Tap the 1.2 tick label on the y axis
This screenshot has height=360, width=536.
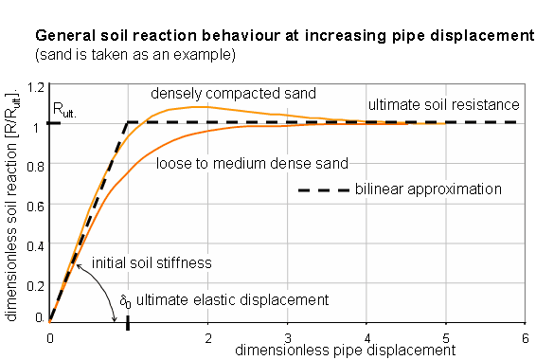point(37,87)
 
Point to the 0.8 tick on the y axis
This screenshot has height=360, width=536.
point(37,165)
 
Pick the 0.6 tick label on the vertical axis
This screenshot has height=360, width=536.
point(37,205)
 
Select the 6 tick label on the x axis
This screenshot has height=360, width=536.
point(525,336)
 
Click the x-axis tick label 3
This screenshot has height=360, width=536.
point(287,336)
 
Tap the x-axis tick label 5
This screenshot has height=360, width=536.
point(445,336)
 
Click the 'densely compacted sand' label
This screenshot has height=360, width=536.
point(234,94)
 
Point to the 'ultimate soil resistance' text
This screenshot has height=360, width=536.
point(443,103)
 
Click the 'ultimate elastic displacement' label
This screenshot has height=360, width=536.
point(232,299)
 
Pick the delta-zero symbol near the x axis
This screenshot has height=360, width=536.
point(124,300)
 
